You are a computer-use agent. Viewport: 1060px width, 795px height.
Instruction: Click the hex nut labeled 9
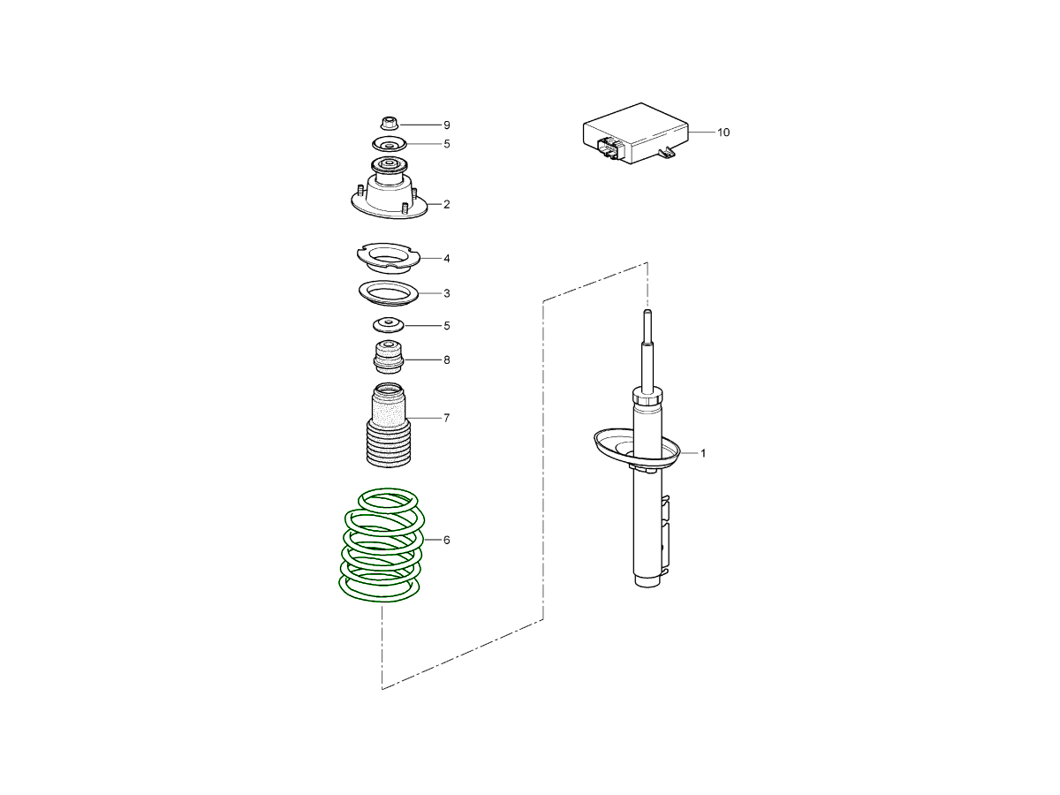coord(389,123)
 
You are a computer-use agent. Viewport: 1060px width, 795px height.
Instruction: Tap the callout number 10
coord(723,132)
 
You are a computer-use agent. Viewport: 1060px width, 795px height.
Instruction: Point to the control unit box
coord(635,132)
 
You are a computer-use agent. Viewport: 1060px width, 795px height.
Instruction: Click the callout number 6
coord(447,540)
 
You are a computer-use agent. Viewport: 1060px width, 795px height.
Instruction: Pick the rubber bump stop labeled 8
coord(389,357)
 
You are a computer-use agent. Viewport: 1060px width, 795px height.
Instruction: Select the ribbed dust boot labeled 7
coord(389,425)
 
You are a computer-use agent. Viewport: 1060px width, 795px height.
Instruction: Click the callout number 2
coord(447,205)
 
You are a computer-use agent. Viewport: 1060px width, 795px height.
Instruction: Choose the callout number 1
coord(703,453)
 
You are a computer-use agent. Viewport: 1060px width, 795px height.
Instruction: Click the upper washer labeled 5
coord(390,144)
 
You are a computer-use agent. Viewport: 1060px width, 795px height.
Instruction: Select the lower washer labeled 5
coord(389,324)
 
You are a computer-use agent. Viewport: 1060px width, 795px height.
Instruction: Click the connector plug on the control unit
coord(609,148)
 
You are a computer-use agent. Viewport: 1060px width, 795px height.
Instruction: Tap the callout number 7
coord(447,418)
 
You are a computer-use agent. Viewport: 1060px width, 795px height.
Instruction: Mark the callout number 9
coord(447,125)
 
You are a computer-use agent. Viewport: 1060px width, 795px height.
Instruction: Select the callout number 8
coord(447,360)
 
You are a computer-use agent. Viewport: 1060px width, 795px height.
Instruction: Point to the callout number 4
coord(447,259)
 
